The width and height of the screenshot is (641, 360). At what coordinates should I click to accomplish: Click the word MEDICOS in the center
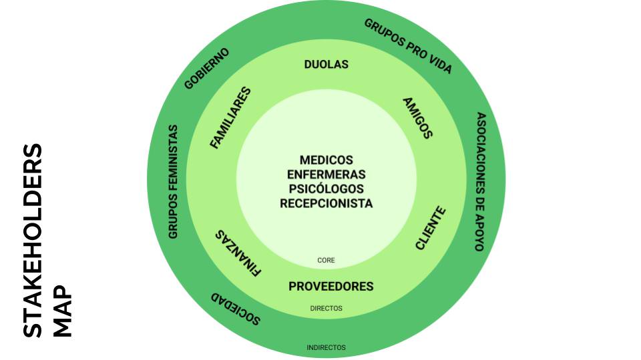pos(327,159)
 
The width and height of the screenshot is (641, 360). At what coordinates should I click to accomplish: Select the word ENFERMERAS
pos(327,174)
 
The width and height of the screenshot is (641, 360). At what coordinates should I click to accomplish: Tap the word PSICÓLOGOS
pos(327,189)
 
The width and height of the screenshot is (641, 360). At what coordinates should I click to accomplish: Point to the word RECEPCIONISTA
pos(327,203)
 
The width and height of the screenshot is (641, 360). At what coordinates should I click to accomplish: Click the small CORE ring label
pos(326,260)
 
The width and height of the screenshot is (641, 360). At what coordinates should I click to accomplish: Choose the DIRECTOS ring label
pos(327,308)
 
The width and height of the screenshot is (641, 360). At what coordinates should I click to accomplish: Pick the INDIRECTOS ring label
pos(327,347)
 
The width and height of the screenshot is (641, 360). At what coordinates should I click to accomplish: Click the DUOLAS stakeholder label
pos(327,64)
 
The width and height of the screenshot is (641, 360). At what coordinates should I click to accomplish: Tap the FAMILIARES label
pos(230,117)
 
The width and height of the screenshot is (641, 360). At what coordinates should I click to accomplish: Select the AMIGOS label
pos(418,118)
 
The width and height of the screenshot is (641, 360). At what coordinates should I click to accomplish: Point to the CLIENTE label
pos(431,228)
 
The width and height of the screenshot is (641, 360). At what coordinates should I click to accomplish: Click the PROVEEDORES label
pos(331,286)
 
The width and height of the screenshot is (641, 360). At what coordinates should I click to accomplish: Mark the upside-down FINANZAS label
pos(238,253)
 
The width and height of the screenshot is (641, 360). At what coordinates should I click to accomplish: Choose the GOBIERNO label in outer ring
pos(206,69)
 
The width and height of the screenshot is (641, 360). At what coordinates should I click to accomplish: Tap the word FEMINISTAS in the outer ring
pos(173,157)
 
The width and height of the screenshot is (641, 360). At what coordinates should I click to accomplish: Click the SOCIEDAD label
pos(236,309)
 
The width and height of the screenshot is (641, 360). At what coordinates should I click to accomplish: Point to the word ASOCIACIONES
pos(481,153)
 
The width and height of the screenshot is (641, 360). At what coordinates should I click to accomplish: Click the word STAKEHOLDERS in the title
pos(33,241)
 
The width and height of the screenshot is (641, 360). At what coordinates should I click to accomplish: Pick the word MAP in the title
pos(63,311)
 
